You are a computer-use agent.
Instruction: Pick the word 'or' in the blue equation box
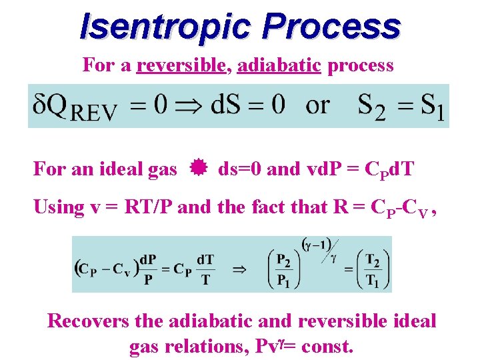coord(317,105)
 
